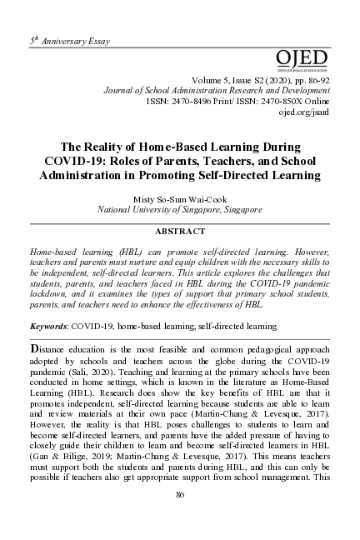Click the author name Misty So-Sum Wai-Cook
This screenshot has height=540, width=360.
point(180,200)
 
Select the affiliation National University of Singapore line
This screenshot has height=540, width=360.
point(180,211)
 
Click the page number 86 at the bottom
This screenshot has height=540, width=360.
point(180,495)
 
